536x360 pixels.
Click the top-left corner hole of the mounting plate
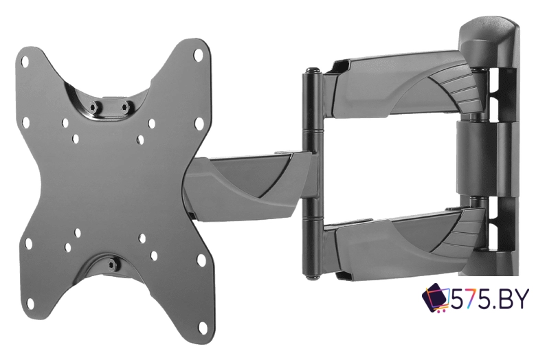(25, 62)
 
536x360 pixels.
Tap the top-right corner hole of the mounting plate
(198, 54)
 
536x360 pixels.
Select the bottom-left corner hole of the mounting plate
(31, 303)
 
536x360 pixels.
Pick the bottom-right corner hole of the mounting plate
(203, 328)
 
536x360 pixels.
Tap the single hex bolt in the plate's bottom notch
(111, 264)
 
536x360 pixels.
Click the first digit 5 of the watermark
(458, 300)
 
